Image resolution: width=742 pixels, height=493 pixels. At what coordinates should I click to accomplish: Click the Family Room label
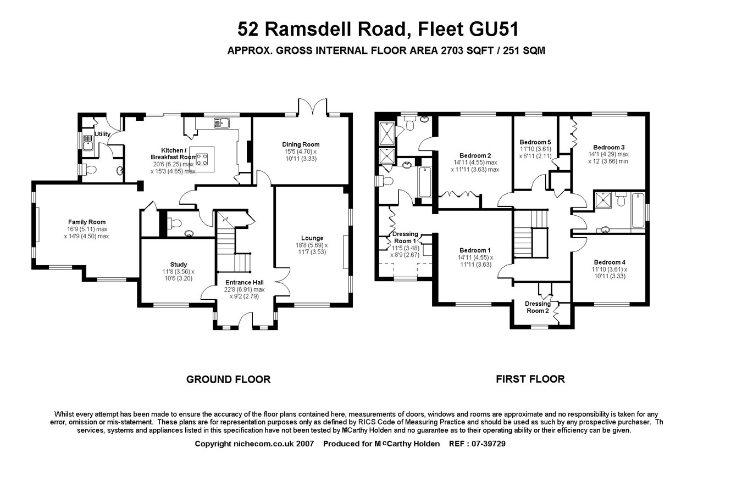tap(87, 222)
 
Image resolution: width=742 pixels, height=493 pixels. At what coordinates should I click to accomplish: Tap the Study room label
tap(178, 264)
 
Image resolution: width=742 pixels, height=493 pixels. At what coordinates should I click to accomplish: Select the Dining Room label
tap(301, 144)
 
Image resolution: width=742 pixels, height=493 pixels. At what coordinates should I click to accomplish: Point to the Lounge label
tap(312, 238)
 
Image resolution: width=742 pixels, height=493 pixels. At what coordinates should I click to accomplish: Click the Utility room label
tap(102, 134)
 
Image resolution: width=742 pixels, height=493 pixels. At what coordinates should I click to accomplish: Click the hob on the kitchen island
tap(202, 160)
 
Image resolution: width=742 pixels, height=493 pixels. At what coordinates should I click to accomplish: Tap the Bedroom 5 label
tap(535, 142)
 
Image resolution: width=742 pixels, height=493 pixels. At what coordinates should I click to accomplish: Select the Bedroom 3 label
tap(608, 147)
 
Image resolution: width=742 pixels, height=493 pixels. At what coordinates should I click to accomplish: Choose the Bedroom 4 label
tap(609, 262)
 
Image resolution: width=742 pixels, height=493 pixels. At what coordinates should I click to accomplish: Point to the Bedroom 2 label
tap(475, 155)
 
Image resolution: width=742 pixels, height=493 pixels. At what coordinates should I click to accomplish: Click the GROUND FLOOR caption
tap(228, 379)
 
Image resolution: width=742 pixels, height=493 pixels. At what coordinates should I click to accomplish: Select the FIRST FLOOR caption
tap(530, 379)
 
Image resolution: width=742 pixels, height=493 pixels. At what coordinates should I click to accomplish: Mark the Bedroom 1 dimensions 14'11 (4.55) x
tap(475, 257)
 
